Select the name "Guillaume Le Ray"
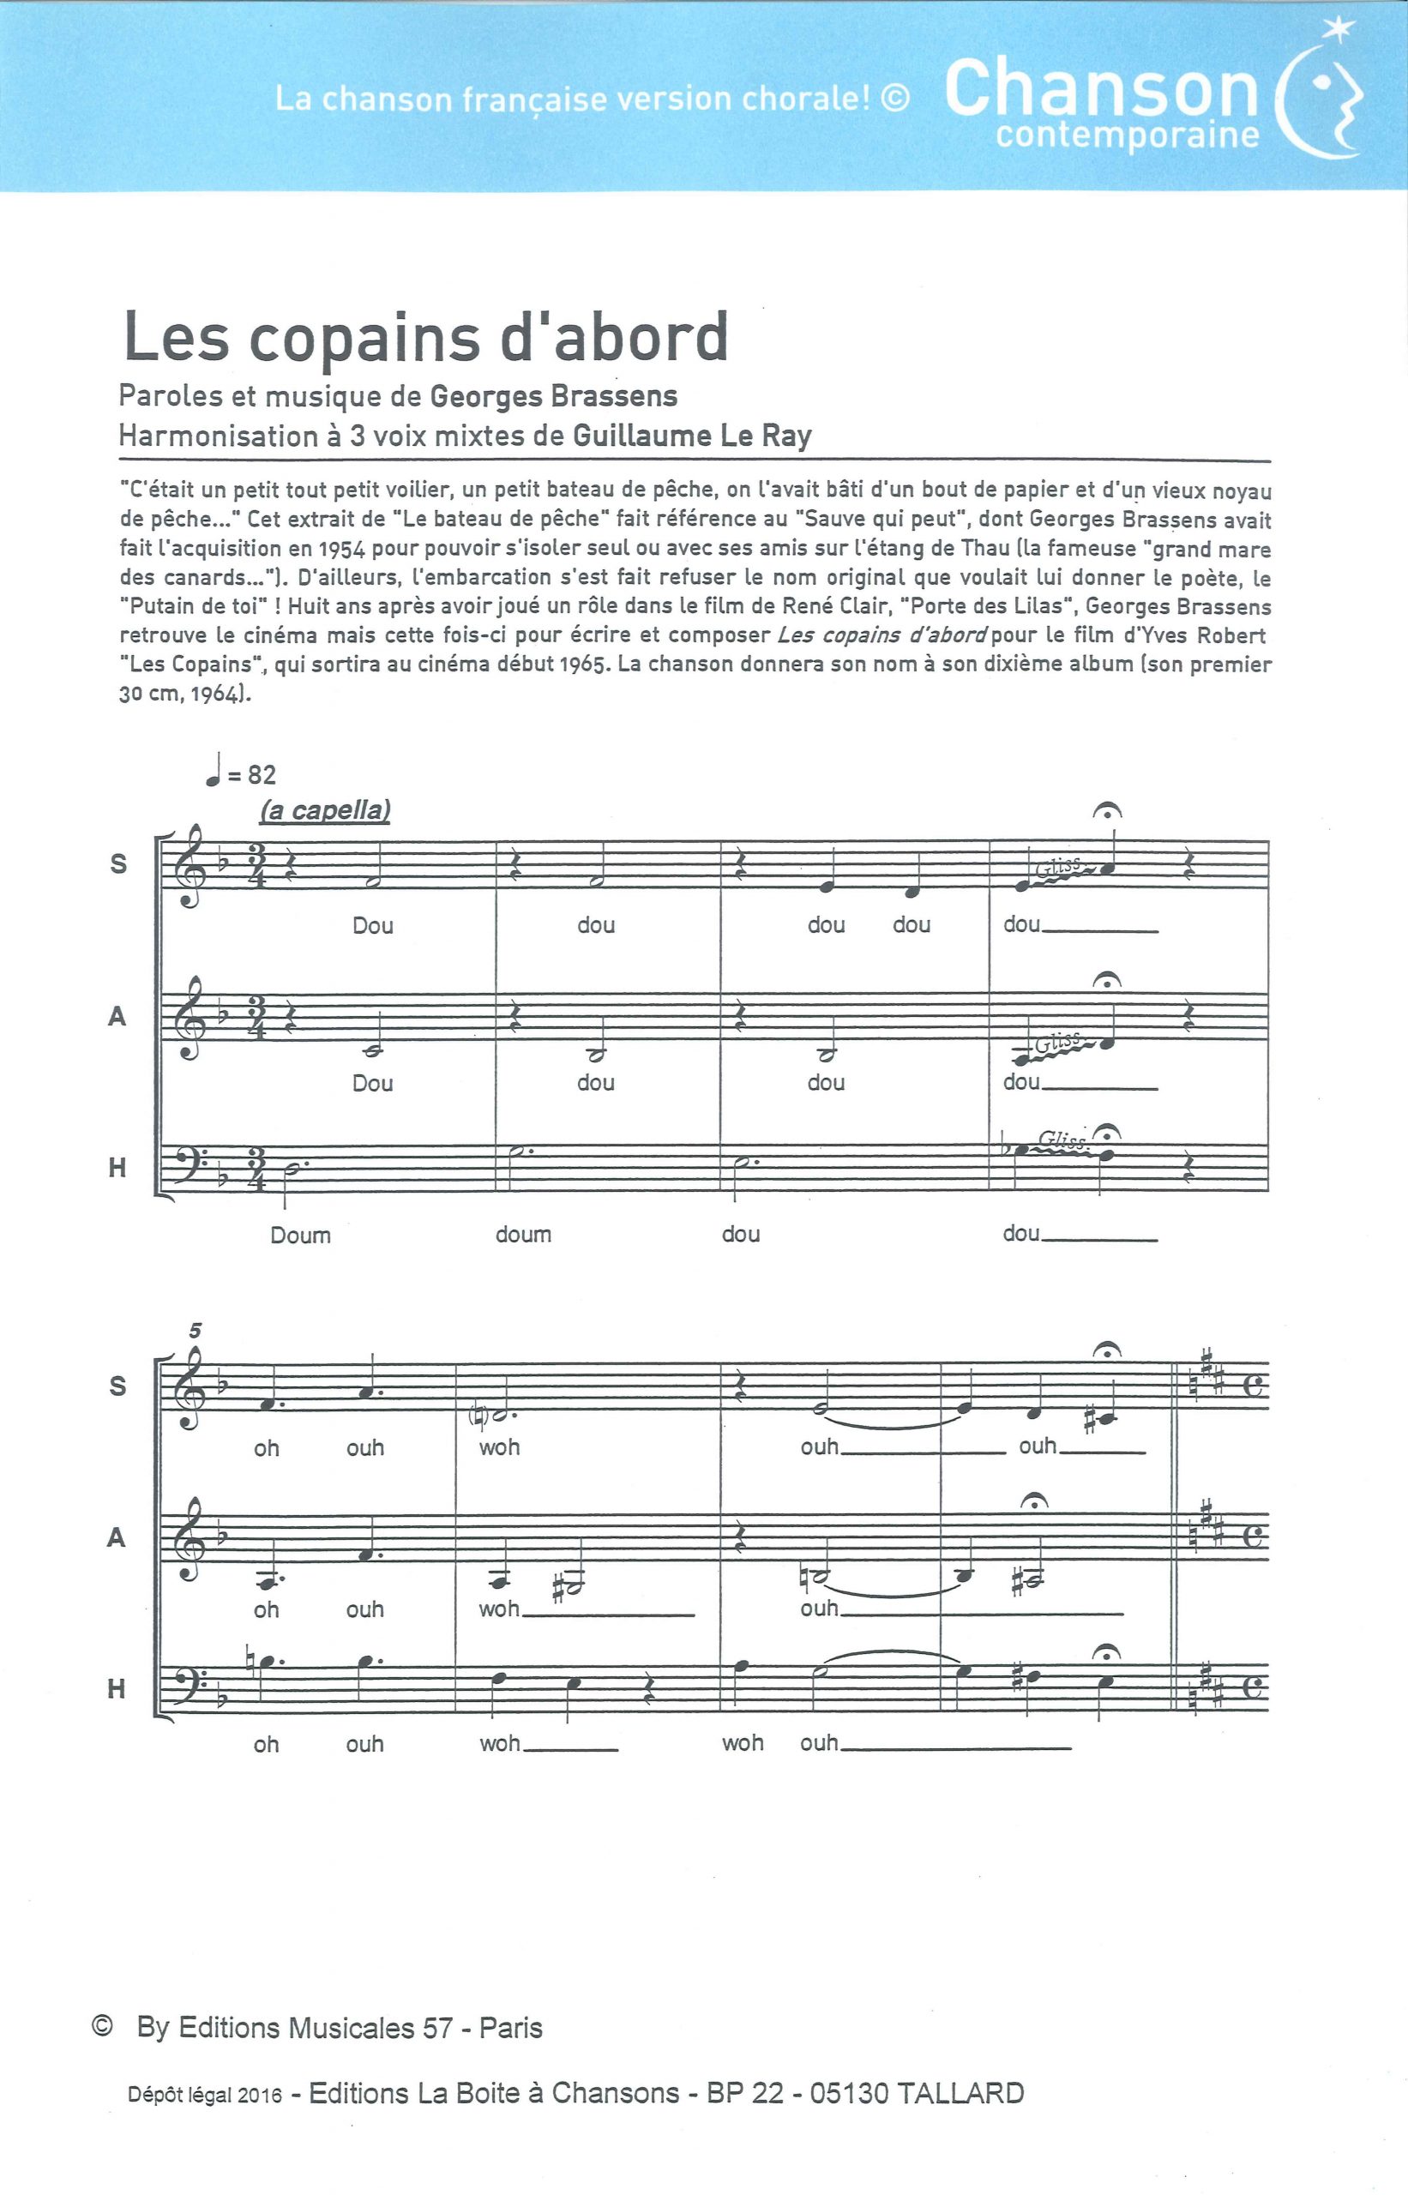(692, 436)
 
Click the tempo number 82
(261, 775)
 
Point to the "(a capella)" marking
(325, 810)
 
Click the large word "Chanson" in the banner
(1103, 89)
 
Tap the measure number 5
(195, 1330)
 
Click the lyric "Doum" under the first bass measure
(300, 1236)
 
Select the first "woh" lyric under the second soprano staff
(499, 1447)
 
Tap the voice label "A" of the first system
(117, 1017)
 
